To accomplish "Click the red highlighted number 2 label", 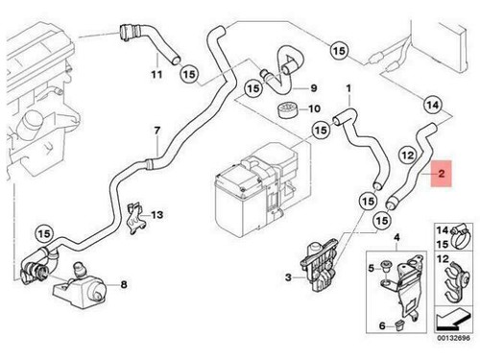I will [x=441, y=176].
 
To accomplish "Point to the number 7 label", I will [x=156, y=131].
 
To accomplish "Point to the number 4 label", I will [x=397, y=235].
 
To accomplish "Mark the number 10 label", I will [x=314, y=108].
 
